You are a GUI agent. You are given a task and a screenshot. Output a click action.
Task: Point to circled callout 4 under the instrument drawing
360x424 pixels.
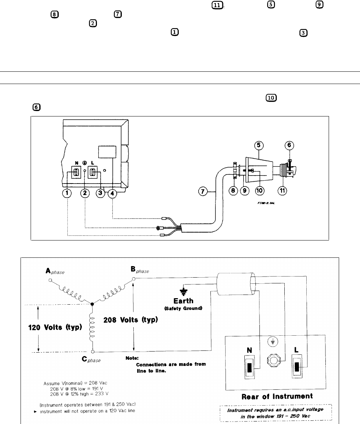coord(113,193)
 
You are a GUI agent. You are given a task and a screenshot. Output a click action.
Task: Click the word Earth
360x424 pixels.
coord(183,301)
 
